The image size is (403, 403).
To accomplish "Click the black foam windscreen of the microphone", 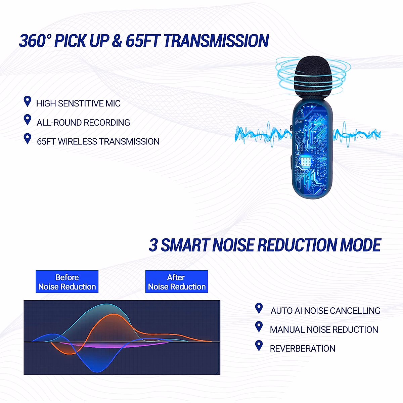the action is coord(313,77).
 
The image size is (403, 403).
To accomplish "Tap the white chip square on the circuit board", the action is coord(306,162).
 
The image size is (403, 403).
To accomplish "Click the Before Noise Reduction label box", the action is coord(67,281).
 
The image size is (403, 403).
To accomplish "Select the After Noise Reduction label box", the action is coord(177,281).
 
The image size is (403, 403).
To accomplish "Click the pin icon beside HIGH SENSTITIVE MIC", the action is coord(28,101).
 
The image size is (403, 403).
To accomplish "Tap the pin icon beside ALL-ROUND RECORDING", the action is coord(28,120).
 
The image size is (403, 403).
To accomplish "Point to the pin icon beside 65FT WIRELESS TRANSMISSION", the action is coord(28,139).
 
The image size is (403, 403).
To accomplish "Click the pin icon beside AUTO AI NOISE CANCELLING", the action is coord(259,309).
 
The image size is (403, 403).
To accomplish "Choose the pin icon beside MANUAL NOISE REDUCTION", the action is coord(259,327).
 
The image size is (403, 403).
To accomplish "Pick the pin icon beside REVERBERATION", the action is coord(259,346).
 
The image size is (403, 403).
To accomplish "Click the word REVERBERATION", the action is coord(302,349).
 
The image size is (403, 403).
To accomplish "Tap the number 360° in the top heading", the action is coord(35,41).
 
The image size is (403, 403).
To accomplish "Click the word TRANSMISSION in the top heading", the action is coord(216,41).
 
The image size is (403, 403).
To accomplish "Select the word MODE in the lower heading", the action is coord(360,245).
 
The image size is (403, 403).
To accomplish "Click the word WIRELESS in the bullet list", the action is coord(78,142).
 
